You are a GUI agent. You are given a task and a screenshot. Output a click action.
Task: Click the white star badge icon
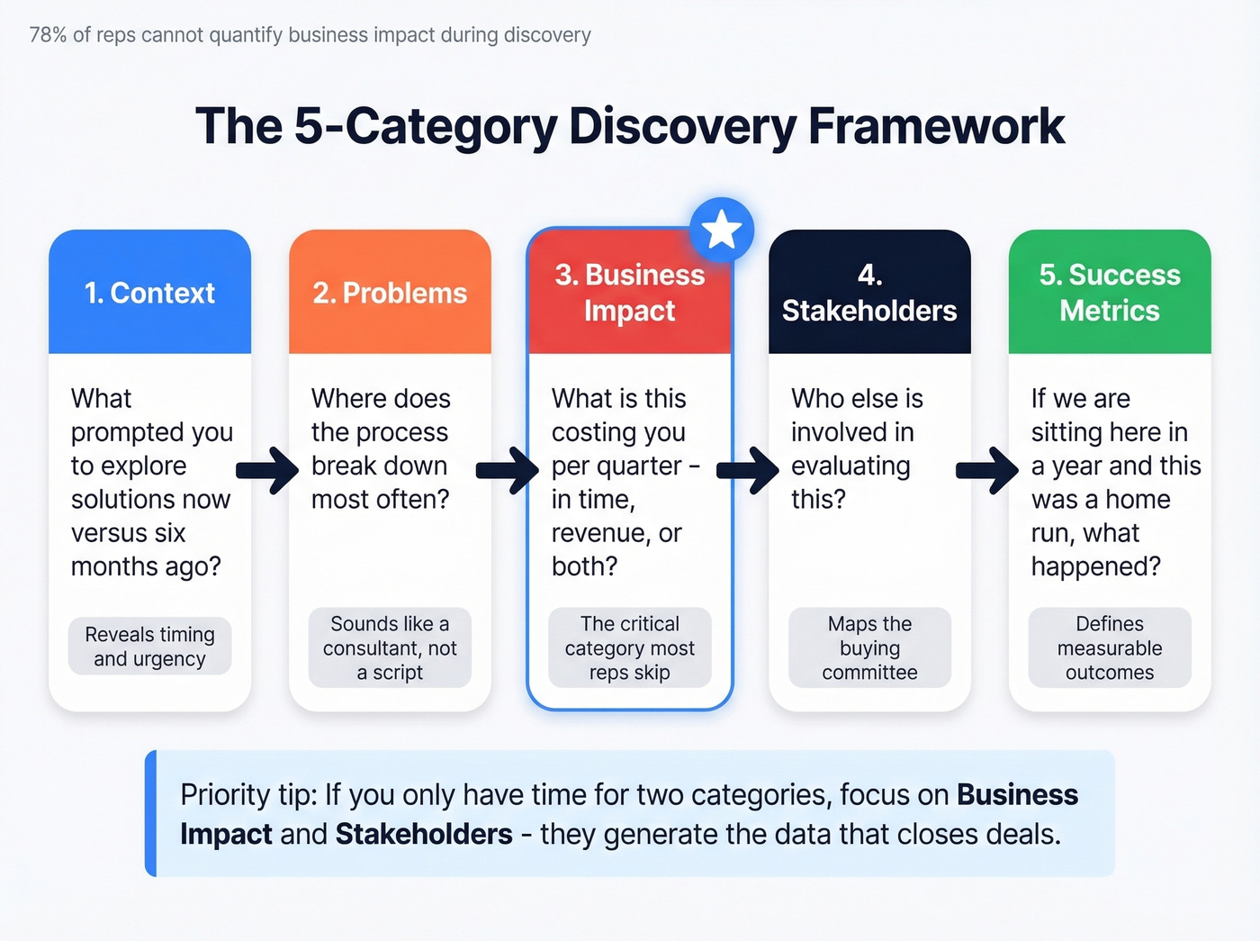click(722, 231)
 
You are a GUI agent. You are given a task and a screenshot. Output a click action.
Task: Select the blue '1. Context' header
click(149, 293)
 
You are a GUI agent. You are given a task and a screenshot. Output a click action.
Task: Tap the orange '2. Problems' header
click(390, 293)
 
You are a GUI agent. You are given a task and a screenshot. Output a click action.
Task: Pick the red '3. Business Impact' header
click(629, 293)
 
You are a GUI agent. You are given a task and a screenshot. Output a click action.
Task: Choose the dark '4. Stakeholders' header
click(869, 293)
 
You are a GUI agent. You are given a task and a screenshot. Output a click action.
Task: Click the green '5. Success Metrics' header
click(1110, 293)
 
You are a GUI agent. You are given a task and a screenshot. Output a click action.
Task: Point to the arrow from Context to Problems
click(267, 468)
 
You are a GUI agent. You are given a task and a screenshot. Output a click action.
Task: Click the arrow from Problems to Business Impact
click(508, 468)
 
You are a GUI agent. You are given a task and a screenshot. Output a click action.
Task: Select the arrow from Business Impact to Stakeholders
click(748, 468)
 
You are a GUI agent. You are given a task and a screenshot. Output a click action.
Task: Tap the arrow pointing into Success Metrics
click(987, 468)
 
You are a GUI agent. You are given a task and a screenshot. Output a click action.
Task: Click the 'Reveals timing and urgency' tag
click(149, 647)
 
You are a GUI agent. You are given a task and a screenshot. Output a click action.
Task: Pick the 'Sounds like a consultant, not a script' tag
click(390, 647)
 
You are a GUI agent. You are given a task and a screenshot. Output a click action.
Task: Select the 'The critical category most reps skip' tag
click(629, 647)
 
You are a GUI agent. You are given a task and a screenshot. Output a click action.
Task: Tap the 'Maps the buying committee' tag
click(869, 647)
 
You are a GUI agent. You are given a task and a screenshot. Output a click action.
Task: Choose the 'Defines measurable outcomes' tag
click(1110, 647)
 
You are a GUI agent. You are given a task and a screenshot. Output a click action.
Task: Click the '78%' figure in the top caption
click(48, 35)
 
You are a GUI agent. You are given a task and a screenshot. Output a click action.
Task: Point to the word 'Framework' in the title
click(936, 126)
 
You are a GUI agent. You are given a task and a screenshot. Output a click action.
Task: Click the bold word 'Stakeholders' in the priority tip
click(424, 834)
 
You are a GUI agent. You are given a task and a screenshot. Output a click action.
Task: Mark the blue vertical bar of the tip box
click(151, 813)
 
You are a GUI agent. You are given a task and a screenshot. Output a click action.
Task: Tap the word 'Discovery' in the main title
click(682, 126)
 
